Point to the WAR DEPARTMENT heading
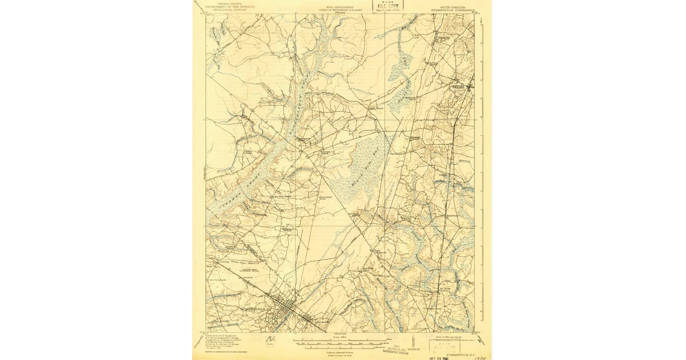click(342, 3)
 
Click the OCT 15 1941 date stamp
click(445, 355)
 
